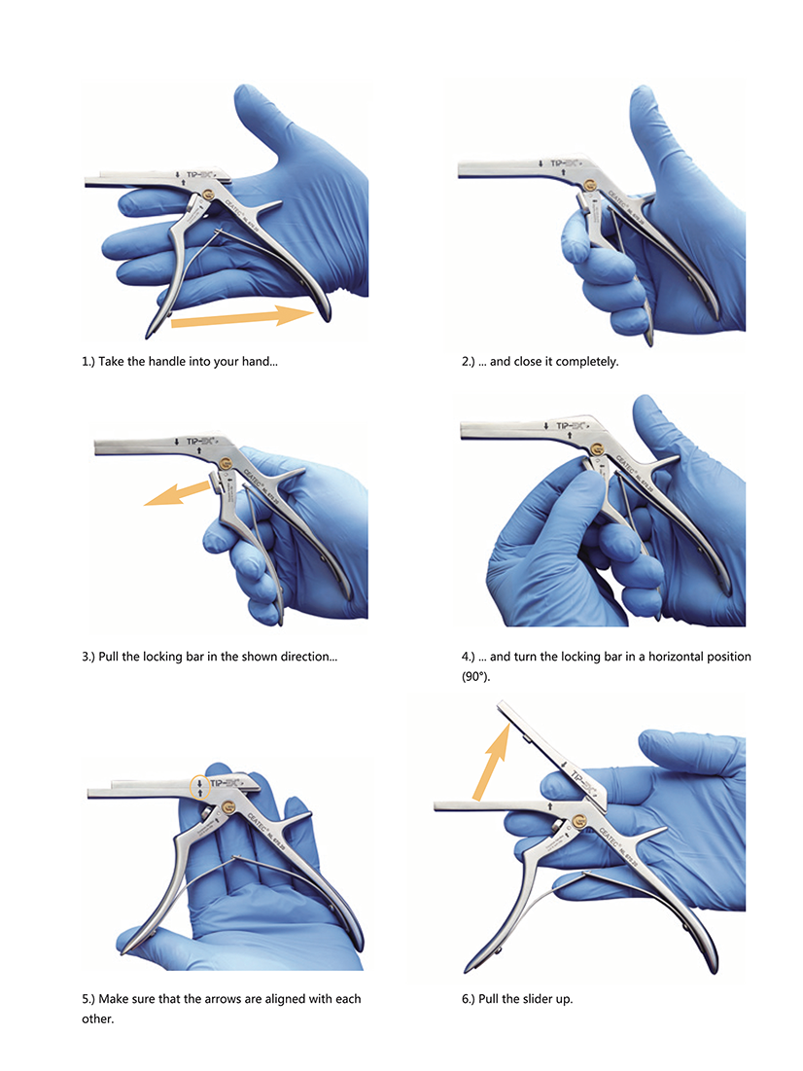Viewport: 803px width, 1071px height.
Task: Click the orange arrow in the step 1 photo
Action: click(242, 317)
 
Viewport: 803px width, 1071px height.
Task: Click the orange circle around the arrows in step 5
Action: click(200, 787)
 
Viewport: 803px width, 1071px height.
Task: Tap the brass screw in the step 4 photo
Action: click(597, 448)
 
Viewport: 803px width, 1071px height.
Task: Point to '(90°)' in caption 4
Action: click(476, 677)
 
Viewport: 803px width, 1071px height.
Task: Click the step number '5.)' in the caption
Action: click(88, 999)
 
